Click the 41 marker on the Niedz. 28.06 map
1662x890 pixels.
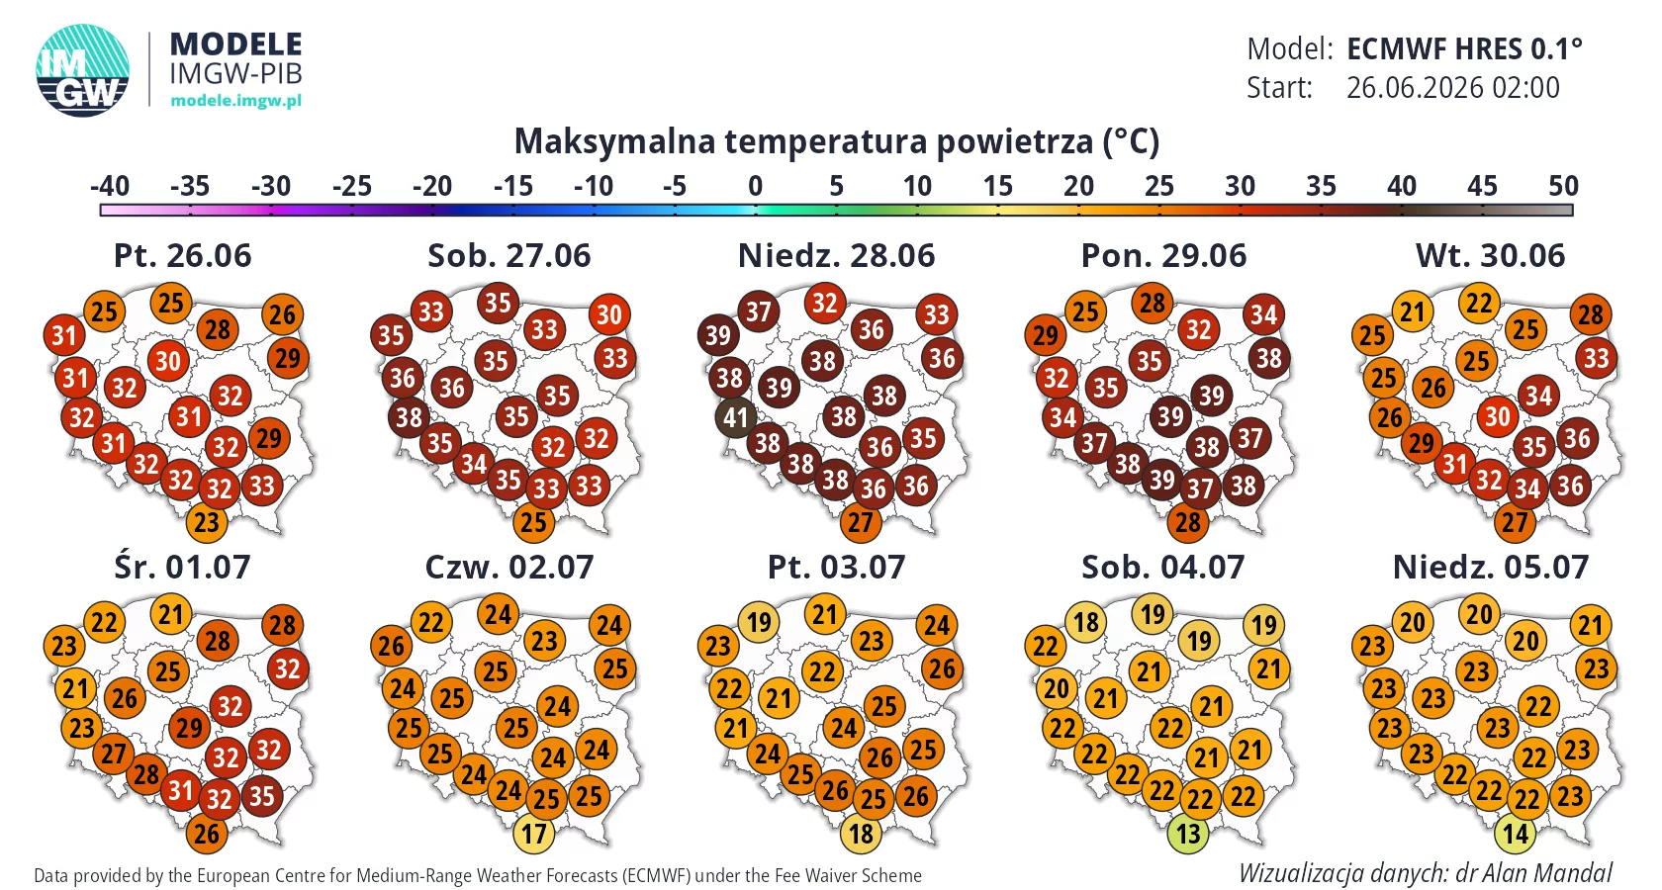tap(735, 417)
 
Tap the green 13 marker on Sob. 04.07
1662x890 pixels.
tap(1188, 833)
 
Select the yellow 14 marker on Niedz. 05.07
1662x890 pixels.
tap(1516, 833)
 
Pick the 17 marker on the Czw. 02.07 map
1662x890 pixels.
tap(533, 833)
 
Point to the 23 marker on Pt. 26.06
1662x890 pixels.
tap(206, 522)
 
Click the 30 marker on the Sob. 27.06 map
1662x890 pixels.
tap(609, 314)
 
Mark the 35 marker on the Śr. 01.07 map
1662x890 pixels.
tap(261, 796)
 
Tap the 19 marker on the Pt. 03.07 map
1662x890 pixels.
tap(758, 621)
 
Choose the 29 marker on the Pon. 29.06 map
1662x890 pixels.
tap(1045, 335)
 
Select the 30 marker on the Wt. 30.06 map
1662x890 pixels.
tap(1498, 416)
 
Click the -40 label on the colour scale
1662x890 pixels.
tap(109, 186)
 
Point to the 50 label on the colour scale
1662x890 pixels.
tap(1563, 186)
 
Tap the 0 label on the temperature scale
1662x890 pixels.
tap(756, 186)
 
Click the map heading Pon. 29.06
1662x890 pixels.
tap(1163, 256)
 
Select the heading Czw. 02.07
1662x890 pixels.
tap(508, 568)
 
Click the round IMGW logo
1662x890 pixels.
tap(82, 70)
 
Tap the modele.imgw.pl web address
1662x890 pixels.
tap(235, 100)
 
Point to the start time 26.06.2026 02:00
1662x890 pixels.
tap(1452, 87)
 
